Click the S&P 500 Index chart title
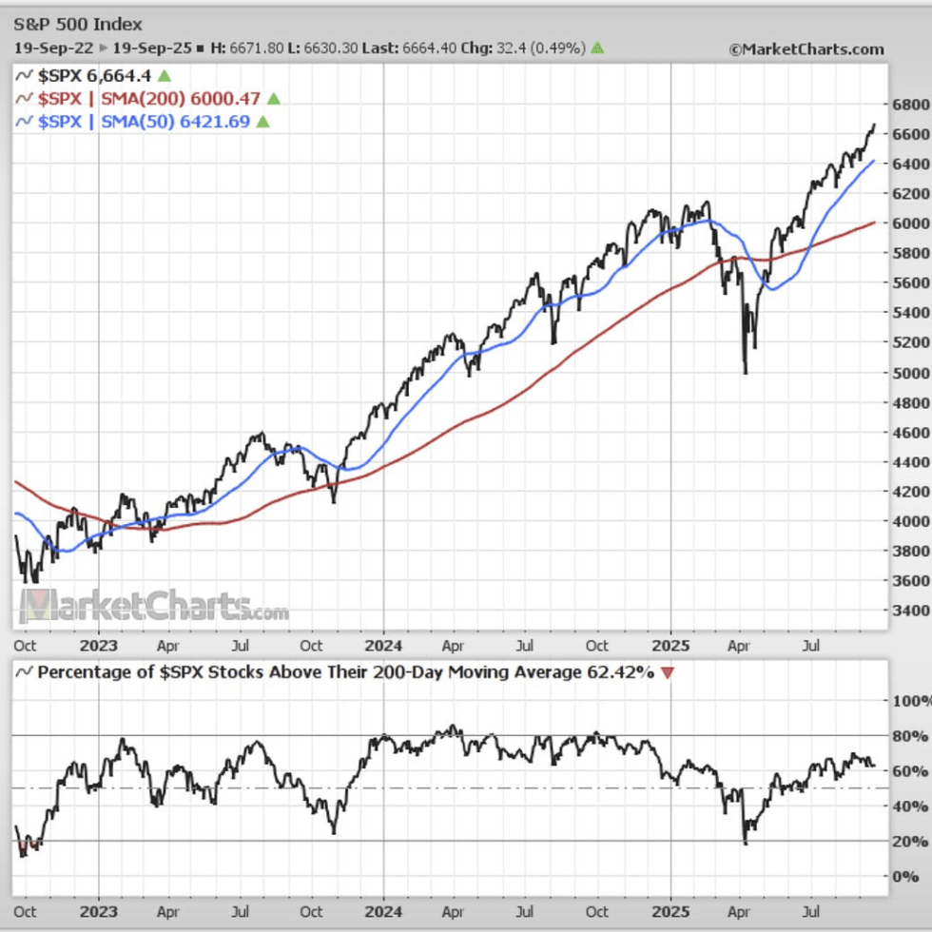click(x=79, y=25)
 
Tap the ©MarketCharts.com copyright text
click(x=806, y=49)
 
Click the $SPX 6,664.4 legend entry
click(x=95, y=75)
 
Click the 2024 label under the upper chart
click(x=383, y=645)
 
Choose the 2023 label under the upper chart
click(x=99, y=645)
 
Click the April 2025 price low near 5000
click(x=745, y=372)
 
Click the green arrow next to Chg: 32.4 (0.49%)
click(x=596, y=49)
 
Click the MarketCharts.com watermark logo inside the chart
click(x=152, y=606)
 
